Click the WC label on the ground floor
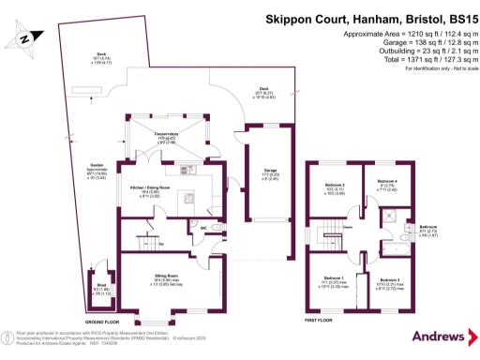(203, 226)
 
